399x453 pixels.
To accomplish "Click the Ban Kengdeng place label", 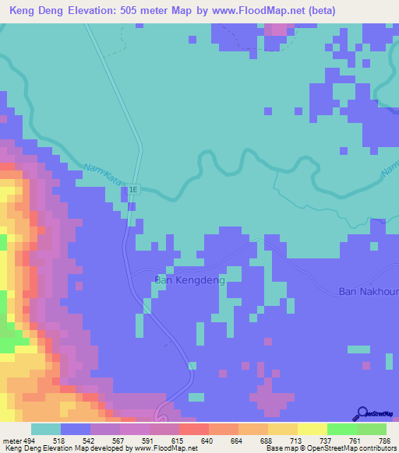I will (x=190, y=279).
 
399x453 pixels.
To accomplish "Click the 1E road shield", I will (x=133, y=189).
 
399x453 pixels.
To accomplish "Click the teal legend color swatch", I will (x=46, y=429).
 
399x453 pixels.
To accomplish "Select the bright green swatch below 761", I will (x=341, y=429).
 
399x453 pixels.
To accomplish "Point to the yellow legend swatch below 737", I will (x=312, y=429).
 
